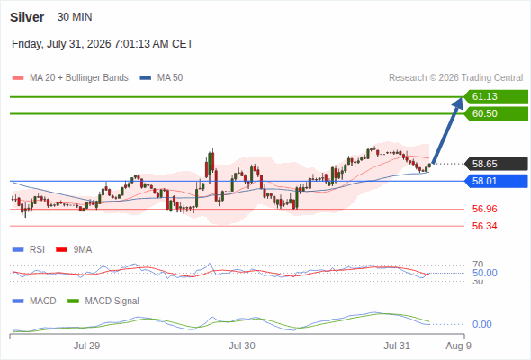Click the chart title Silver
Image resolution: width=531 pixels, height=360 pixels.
point(27,17)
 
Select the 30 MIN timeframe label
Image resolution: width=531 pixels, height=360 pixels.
point(75,17)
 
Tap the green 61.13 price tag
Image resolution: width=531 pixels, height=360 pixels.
point(496,97)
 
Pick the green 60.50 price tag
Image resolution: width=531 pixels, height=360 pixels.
point(496,113)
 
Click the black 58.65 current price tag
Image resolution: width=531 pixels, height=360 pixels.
point(496,165)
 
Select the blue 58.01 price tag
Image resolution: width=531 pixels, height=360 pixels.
point(496,181)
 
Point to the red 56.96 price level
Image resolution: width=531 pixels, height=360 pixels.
point(484,209)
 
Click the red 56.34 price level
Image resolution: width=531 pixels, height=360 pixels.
point(484,226)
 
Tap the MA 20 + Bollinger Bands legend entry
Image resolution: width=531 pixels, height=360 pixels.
point(70,78)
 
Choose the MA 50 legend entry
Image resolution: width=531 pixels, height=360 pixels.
point(161,78)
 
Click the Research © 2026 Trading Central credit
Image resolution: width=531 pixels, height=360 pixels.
point(455,78)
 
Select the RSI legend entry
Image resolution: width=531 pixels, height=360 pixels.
point(29,249)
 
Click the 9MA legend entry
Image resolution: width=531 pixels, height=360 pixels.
point(74,249)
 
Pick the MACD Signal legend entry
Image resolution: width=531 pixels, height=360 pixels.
point(103,301)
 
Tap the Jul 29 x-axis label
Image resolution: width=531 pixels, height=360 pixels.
point(86,346)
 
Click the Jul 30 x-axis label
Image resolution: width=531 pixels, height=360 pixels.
point(242,346)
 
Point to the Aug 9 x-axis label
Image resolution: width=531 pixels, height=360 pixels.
point(458,346)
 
